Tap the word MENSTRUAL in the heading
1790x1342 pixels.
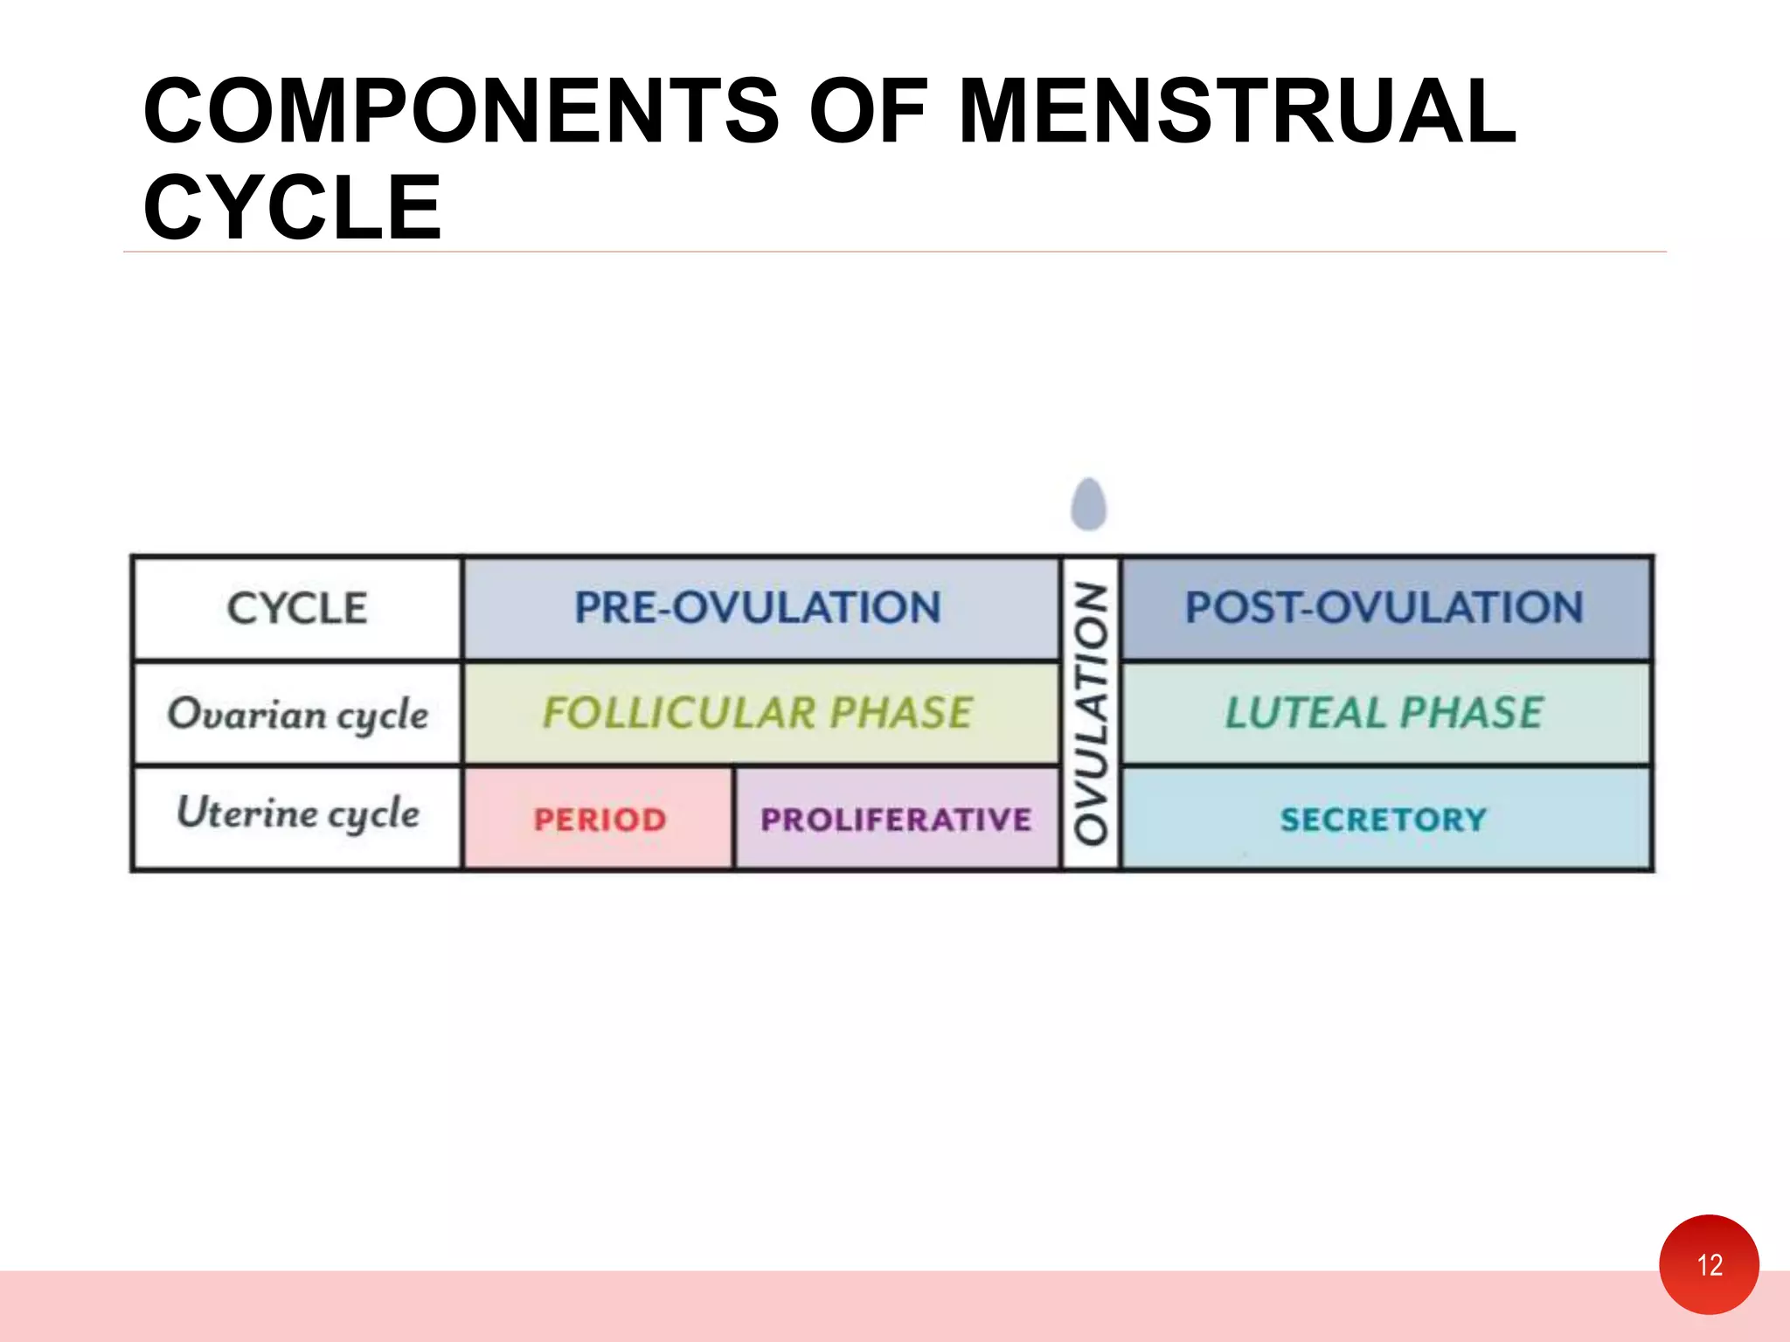(x=1237, y=111)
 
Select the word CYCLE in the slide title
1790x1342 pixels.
(x=293, y=208)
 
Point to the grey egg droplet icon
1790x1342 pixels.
(x=1088, y=504)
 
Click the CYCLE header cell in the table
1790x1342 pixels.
(x=296, y=608)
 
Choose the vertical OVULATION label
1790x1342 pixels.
(x=1091, y=713)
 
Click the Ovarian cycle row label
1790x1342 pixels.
(x=297, y=714)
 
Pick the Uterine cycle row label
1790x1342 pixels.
(x=297, y=813)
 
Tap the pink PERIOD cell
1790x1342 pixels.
(x=600, y=820)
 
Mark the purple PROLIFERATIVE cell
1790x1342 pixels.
(x=896, y=820)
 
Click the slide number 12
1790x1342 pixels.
(x=1709, y=1264)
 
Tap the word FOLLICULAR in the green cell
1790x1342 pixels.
(x=679, y=713)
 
